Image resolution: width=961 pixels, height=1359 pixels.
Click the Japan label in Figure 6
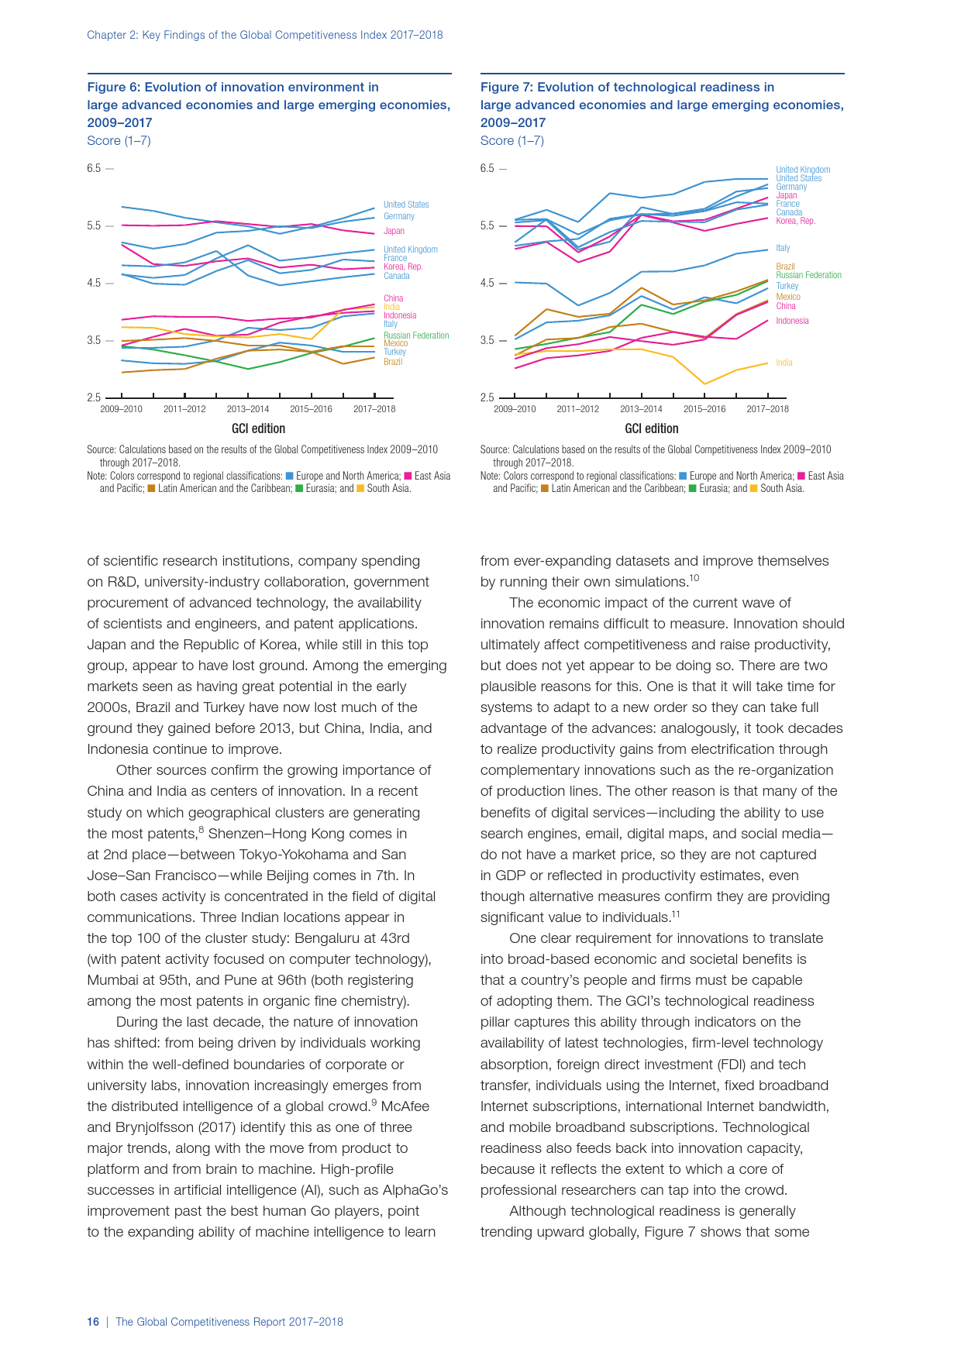coord(394,231)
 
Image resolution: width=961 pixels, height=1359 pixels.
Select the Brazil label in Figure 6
coord(393,362)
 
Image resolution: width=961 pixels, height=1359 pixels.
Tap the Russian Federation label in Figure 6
coord(416,335)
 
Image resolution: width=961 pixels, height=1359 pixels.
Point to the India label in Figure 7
coord(784,363)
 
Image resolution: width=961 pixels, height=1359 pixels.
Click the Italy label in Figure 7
coord(783,248)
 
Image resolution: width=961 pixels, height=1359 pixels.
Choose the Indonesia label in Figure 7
coord(792,321)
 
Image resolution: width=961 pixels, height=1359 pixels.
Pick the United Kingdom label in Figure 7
coord(803,170)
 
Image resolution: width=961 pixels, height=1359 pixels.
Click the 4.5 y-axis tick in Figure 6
coord(94,283)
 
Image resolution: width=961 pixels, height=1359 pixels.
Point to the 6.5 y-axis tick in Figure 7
coord(487,168)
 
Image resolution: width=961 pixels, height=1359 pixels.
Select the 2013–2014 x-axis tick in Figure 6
coord(248,409)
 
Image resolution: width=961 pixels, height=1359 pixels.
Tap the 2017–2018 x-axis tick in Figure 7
coord(767,409)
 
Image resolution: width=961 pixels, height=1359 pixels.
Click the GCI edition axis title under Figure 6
coord(258,428)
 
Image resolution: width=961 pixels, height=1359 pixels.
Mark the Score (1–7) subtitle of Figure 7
coord(511,140)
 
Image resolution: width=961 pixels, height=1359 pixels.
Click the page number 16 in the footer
coord(93,1322)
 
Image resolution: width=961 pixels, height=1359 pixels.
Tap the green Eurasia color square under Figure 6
coord(299,489)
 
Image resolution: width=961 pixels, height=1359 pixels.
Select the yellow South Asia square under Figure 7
coord(754,489)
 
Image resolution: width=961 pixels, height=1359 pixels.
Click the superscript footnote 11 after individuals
coord(676,914)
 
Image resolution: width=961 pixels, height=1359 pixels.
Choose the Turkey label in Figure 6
coord(394,352)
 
